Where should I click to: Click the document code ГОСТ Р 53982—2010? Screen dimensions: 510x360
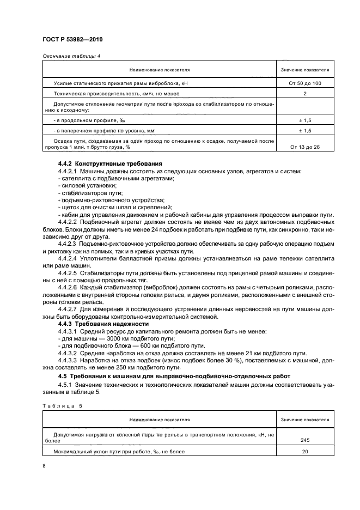(72, 40)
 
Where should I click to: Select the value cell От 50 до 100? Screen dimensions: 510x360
(305, 83)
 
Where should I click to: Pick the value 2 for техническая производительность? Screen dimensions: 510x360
(305, 94)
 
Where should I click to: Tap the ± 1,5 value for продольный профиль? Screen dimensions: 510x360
(305, 120)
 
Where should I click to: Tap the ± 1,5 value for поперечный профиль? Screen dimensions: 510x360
(305, 131)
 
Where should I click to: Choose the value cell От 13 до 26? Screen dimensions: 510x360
(305, 147)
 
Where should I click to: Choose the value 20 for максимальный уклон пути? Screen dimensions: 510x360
(305, 452)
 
